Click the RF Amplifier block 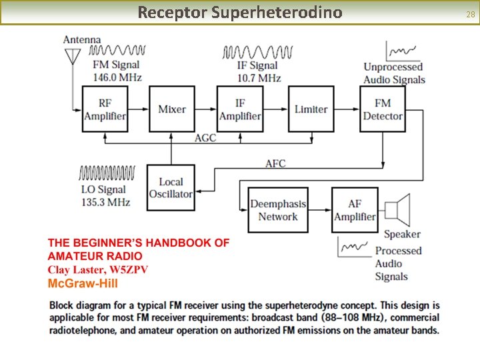pos(105,109)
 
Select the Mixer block pos(172,109)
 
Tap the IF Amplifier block pos(240,109)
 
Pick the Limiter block pos(311,109)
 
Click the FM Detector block pos(383,109)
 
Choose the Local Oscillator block pos(171,188)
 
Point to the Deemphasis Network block pos(279,210)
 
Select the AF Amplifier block pos(355,210)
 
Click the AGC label pos(205,138)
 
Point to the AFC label pos(276,163)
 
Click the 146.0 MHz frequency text pos(117,78)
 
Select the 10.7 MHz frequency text pos(259,78)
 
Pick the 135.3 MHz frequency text pos(105,202)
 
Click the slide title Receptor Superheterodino pos(239,13)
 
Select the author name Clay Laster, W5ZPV pos(97,269)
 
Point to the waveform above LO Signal pos(107,173)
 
